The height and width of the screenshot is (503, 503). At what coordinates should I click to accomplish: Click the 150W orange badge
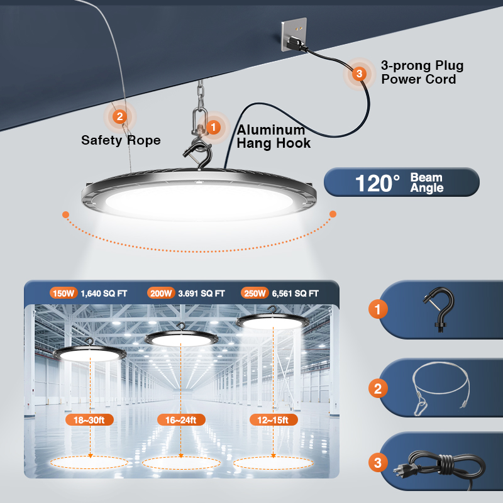click(64, 293)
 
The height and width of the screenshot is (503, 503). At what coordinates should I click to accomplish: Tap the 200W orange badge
click(161, 293)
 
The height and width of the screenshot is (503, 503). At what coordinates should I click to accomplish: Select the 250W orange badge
click(255, 293)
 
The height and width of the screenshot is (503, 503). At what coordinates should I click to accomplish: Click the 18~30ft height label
click(89, 420)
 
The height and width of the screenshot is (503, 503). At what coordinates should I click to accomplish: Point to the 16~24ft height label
click(181, 420)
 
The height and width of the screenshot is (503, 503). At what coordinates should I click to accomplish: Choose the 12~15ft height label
click(273, 420)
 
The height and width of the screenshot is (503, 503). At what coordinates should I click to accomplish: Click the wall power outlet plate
click(294, 34)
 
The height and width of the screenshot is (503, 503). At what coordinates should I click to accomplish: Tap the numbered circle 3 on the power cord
click(359, 74)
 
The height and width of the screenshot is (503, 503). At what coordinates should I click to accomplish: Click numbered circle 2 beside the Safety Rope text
click(119, 116)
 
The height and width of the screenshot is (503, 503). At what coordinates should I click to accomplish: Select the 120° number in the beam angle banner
click(377, 183)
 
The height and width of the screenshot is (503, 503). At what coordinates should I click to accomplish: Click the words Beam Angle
click(427, 182)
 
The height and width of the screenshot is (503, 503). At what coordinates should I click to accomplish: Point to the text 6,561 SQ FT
click(295, 294)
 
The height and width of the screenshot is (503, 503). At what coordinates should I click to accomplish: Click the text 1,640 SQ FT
click(104, 294)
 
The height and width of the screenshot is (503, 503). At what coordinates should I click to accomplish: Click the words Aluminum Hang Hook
click(274, 136)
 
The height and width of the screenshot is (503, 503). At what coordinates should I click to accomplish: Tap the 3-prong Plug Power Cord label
click(422, 72)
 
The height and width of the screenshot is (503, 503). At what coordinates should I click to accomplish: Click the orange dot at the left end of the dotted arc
click(66, 214)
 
